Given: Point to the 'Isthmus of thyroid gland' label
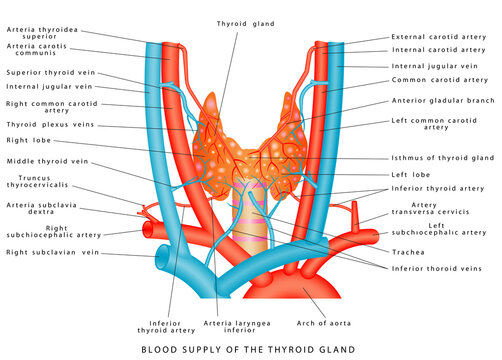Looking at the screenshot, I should click(441, 158).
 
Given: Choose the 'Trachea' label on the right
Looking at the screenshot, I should click(407, 251).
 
